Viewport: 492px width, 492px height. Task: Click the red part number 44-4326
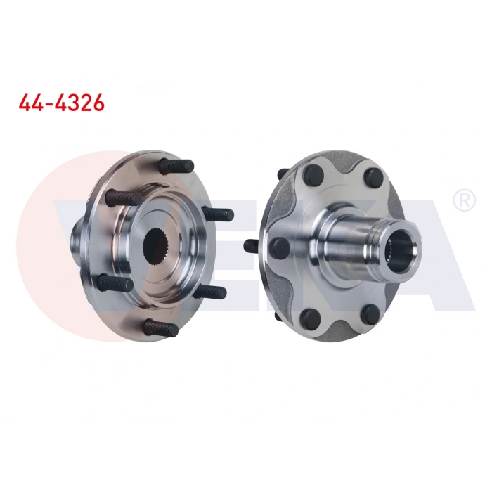(x=61, y=103)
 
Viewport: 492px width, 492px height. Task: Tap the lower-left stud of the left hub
(x=115, y=282)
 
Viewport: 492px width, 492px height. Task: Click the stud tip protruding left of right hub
(x=250, y=246)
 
